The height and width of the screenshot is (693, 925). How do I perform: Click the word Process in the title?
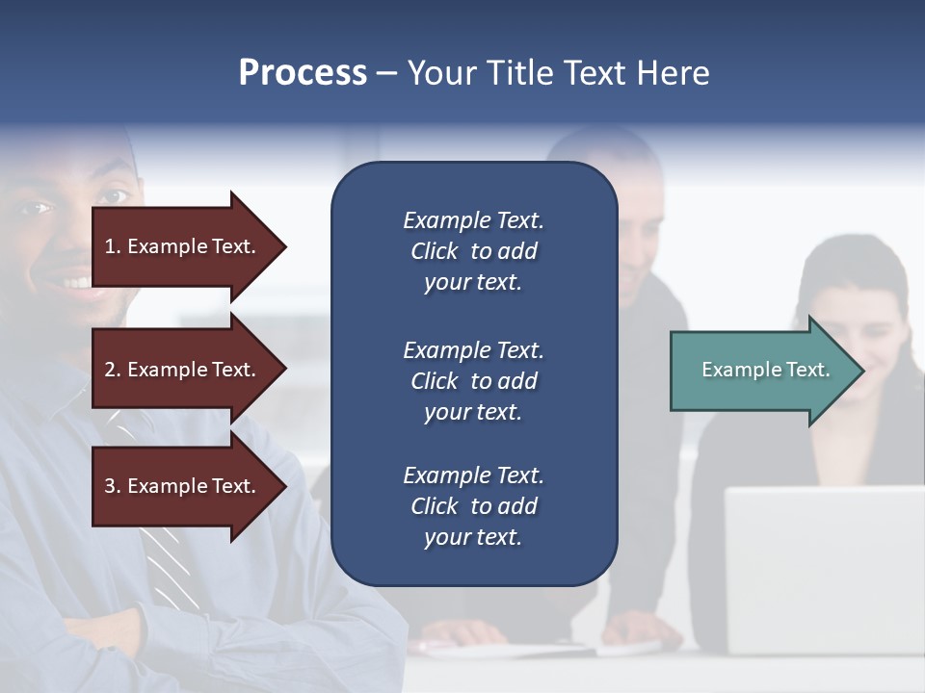coord(303,73)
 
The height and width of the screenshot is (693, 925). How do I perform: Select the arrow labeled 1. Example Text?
coord(183,246)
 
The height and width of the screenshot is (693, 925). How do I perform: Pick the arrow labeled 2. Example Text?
coord(183,370)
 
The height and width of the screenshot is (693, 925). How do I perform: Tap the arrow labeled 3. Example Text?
coord(183,486)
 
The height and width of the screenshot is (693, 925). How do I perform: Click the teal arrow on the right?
coord(761,371)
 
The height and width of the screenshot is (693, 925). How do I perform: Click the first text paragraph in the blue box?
coord(473,251)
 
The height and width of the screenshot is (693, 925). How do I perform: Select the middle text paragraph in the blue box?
coord(473,381)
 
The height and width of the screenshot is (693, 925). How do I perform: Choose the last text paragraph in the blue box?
coord(473,506)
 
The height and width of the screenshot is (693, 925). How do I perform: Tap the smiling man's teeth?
coord(77,283)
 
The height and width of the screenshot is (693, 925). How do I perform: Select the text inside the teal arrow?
coord(765,370)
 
